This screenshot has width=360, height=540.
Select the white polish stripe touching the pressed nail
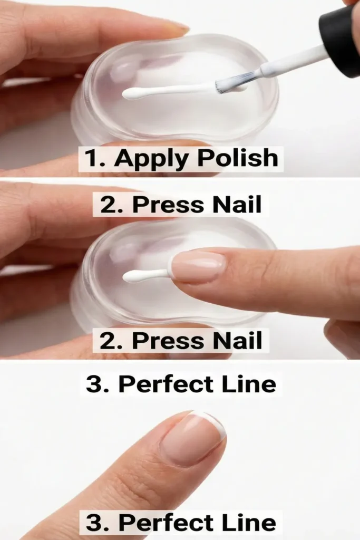click(x=145, y=275)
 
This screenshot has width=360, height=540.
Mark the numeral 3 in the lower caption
click(x=95, y=523)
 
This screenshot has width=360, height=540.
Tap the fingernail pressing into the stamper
click(x=198, y=267)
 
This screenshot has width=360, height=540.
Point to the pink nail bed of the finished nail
click(x=190, y=440)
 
